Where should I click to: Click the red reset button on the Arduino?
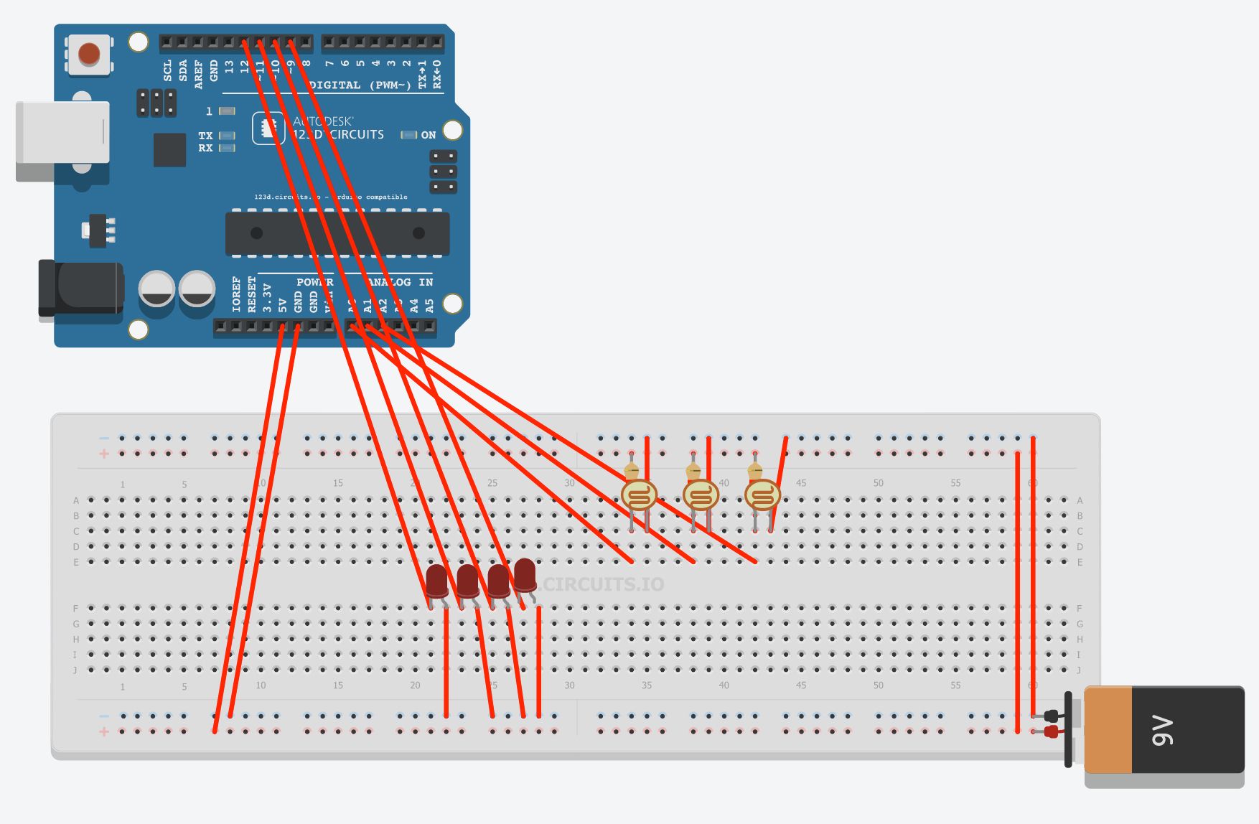[x=89, y=54]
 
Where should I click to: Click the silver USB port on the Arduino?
[x=63, y=133]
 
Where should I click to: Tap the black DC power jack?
[x=83, y=289]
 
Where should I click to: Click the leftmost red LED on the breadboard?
[x=436, y=581]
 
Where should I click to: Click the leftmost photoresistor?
[x=639, y=495]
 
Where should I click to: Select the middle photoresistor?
[x=701, y=495]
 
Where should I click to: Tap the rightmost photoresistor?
[x=762, y=495]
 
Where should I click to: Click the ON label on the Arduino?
[x=429, y=135]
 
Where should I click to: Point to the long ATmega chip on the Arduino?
[x=337, y=233]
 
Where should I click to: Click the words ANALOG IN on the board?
[x=400, y=282]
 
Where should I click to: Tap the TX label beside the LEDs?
[x=205, y=136]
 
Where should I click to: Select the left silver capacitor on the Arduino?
[x=156, y=289]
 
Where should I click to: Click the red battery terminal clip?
[x=1052, y=732]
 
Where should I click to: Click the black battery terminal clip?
[x=1052, y=716]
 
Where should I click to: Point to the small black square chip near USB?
[x=169, y=149]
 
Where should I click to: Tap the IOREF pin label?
[x=236, y=294]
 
